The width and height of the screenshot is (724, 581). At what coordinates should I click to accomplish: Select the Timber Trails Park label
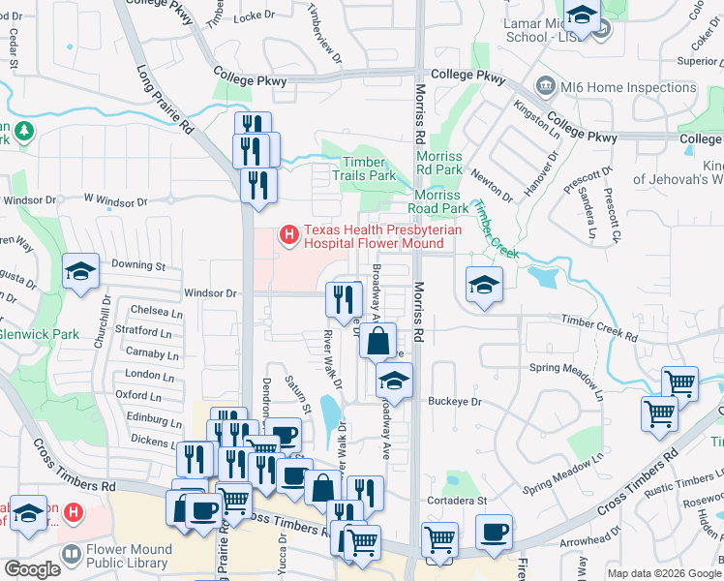(x=364, y=169)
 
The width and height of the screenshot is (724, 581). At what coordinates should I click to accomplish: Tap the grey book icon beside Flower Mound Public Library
(x=71, y=556)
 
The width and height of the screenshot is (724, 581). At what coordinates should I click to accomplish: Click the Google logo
(x=33, y=569)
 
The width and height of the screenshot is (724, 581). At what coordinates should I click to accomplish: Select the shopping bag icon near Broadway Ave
(x=378, y=341)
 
